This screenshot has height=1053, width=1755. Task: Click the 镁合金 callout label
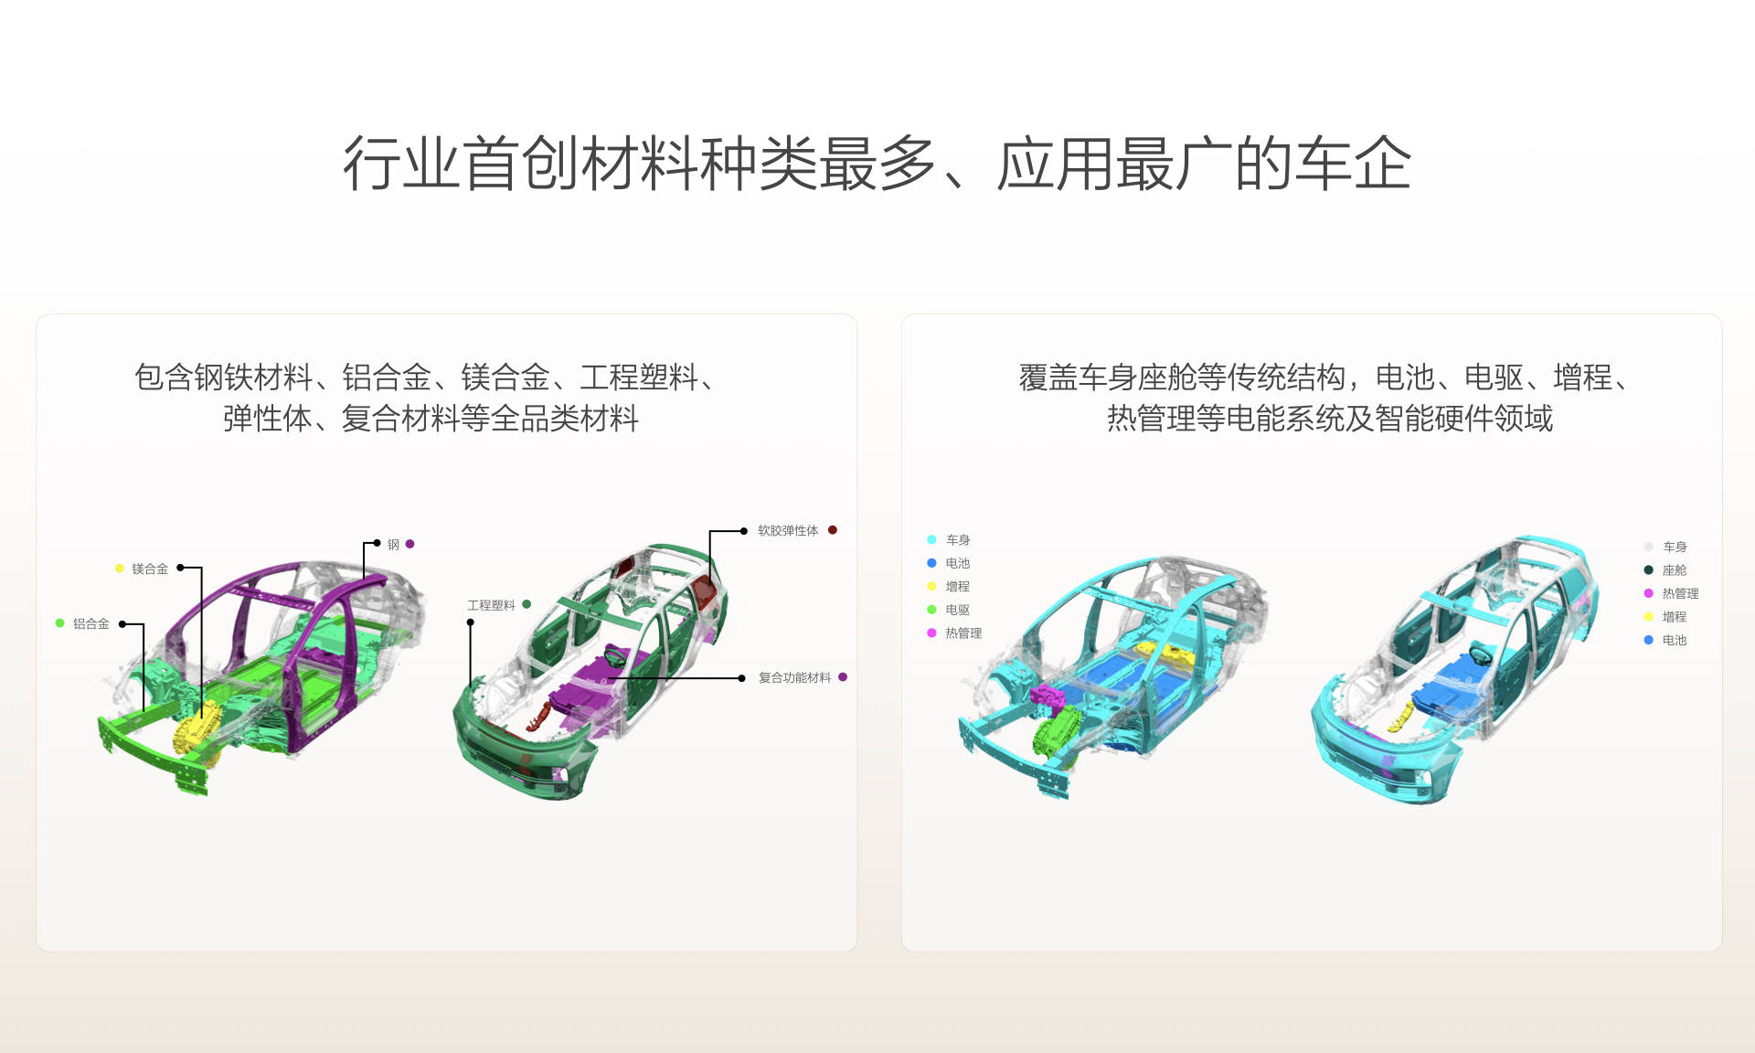coord(150,569)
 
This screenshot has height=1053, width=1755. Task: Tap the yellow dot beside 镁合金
coord(119,569)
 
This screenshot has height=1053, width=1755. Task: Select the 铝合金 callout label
coord(91,623)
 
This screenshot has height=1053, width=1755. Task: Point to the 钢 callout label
coord(393,544)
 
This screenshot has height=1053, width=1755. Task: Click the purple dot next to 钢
coord(410,544)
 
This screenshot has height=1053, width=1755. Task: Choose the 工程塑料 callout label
coord(491,605)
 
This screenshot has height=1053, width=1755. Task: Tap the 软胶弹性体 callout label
coord(788,530)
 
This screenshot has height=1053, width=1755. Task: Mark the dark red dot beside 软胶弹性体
coord(833,530)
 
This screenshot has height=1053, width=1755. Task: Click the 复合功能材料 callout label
coord(794,677)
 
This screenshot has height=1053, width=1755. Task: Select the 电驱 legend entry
coord(957,610)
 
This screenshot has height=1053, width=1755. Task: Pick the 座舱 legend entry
coord(1675,570)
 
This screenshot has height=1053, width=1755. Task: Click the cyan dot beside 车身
coord(931,539)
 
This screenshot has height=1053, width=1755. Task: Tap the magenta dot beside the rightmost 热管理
coord(1649,593)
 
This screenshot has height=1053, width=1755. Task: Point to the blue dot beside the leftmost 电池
coord(931,563)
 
